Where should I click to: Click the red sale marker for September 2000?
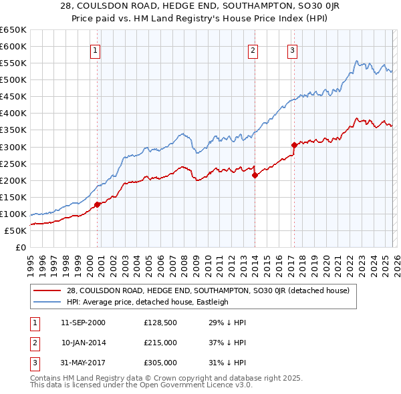coord(97,204)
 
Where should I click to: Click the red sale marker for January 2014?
coord(255,176)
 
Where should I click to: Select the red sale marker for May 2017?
coord(294,145)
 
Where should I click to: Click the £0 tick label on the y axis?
coord(20,248)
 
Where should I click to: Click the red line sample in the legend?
coord(48,290)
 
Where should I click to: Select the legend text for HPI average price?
coord(148,302)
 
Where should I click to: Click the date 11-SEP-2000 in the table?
coord(83,323)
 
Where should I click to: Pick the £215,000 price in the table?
coord(160,343)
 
